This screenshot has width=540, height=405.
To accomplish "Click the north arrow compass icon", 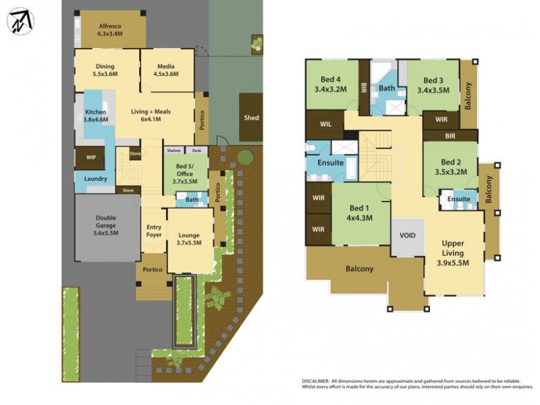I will [x=20, y=21].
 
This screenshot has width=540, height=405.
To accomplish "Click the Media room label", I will [x=166, y=70].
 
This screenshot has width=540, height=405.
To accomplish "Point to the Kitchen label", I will [x=96, y=116].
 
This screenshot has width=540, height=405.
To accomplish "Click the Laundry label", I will [x=95, y=179].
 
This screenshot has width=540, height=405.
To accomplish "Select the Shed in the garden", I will [x=251, y=118].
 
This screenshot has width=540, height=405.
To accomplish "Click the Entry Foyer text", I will [x=154, y=232].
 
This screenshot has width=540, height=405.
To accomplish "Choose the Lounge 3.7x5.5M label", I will [x=190, y=239].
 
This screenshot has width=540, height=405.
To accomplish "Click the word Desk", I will [x=196, y=151].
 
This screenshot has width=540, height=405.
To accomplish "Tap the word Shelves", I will [x=173, y=151].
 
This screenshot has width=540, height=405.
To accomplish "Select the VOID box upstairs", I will [x=408, y=236].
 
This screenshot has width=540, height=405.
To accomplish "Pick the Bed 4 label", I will [x=330, y=84].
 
